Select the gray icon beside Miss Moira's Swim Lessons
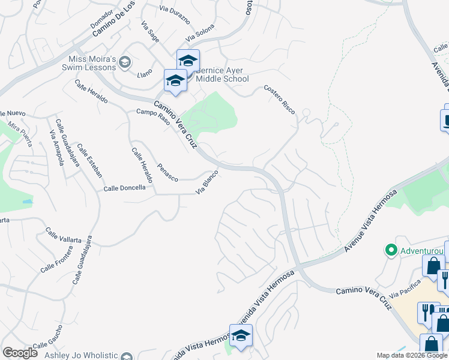point(125,61)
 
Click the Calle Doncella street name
point(124,188)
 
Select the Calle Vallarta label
point(63,235)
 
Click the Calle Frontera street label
point(56,259)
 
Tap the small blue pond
point(28,202)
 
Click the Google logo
point(20,353)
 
